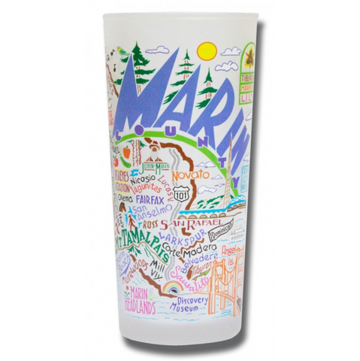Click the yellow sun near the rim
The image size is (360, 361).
point(206,51)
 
